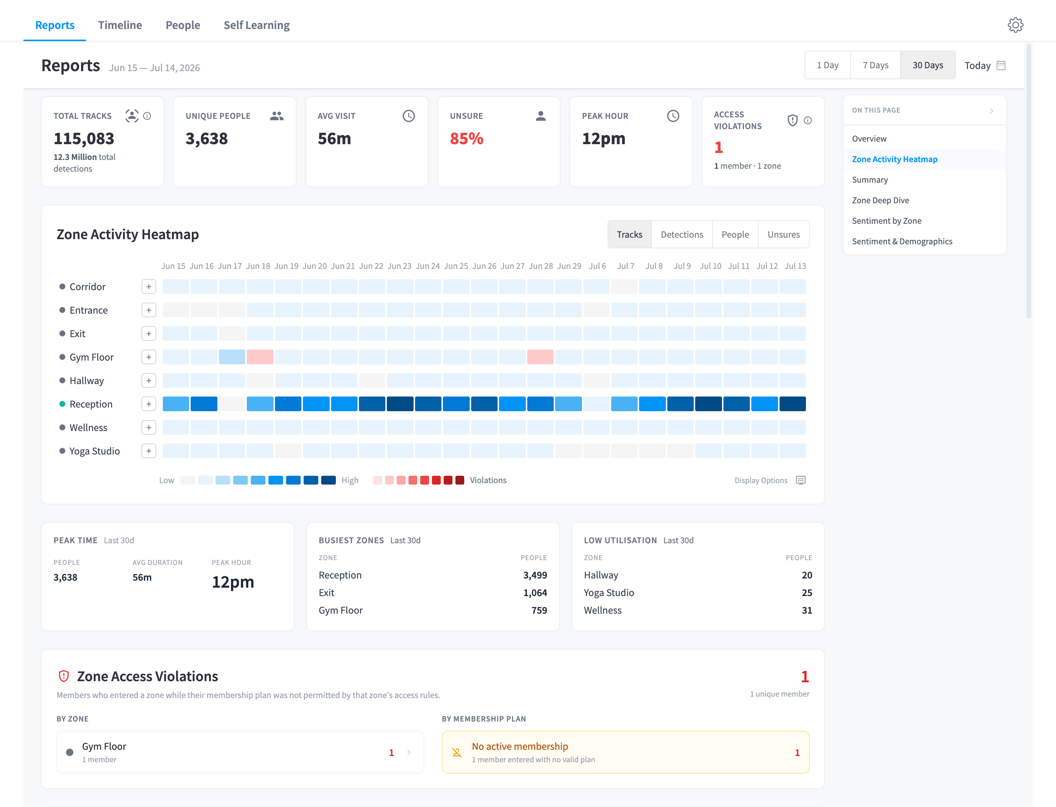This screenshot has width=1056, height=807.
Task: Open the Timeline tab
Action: click(120, 25)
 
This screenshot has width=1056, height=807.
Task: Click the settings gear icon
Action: click(1015, 25)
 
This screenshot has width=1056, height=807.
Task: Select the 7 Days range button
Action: click(876, 65)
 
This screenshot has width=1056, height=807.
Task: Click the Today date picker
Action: click(985, 65)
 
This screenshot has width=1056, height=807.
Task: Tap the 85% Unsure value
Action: click(466, 138)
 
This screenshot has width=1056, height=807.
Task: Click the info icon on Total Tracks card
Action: click(147, 116)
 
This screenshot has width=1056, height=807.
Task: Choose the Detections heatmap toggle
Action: click(682, 234)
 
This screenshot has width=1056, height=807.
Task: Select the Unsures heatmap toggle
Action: click(784, 234)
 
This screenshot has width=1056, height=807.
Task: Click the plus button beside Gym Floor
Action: click(149, 357)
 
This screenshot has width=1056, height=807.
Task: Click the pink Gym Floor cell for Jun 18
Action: click(260, 357)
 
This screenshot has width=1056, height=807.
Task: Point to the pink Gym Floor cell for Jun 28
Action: click(540, 357)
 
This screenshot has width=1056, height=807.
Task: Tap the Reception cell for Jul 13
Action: click(792, 404)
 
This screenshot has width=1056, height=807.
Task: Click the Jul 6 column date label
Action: click(597, 266)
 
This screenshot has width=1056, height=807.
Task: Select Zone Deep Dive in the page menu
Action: click(880, 200)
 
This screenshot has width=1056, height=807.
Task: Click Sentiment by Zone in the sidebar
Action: click(887, 221)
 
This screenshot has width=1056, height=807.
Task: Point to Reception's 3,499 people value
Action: click(535, 575)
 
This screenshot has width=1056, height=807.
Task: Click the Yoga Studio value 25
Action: click(807, 593)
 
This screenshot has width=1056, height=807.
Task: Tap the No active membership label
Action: click(520, 746)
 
